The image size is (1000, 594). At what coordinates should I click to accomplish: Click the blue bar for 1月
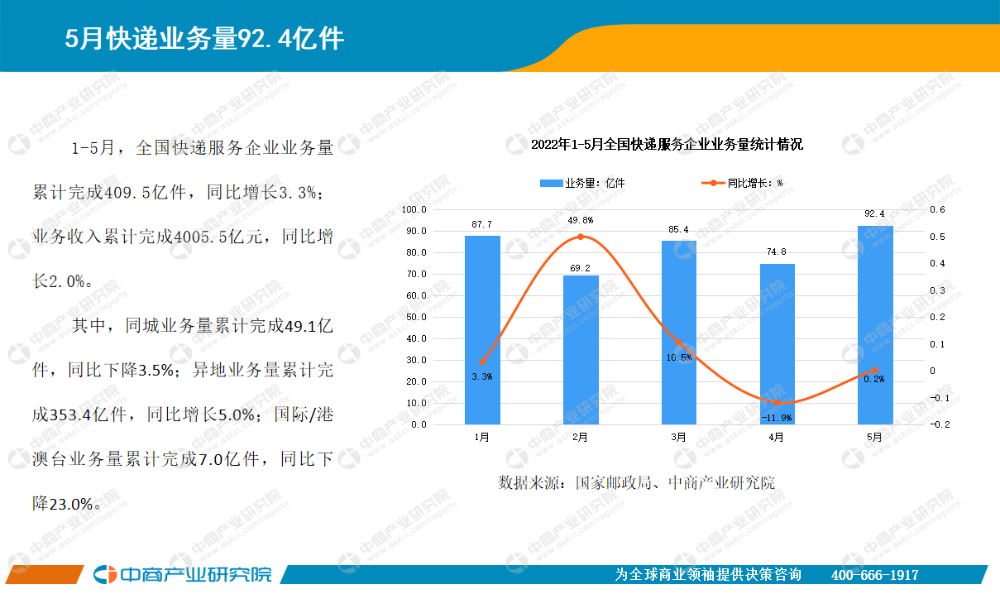pos(482,330)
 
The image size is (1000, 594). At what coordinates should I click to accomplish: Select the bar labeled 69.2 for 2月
pos(581,350)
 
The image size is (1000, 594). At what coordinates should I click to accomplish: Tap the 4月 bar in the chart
pos(778,344)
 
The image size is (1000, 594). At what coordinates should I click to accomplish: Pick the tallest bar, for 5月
pos(875,325)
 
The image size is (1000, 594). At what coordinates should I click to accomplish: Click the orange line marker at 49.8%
pos(581,237)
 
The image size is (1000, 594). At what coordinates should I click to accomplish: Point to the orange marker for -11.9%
pos(777,402)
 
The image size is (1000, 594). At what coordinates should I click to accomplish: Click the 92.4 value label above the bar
pos(874,214)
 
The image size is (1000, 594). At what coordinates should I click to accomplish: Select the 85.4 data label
pos(678,229)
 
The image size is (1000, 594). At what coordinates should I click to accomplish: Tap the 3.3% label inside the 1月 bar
pos(482,377)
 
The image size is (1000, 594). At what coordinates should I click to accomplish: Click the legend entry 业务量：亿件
pos(582,183)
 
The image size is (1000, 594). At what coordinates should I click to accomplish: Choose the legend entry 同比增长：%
pos(742,183)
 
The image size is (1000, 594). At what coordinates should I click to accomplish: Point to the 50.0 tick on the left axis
pos(417,317)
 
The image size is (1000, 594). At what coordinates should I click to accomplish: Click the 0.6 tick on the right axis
pos(937,210)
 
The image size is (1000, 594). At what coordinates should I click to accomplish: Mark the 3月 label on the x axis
pos(678,438)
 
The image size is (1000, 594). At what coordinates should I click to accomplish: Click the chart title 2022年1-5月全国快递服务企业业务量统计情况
pos(667,145)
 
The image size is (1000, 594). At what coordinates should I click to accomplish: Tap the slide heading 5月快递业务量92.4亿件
pos(204,38)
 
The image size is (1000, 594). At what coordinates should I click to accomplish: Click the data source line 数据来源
pos(637,483)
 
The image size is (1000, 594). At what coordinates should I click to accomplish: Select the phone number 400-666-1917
pos(874,575)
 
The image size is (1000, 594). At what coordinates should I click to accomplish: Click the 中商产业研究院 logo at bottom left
pos(183,574)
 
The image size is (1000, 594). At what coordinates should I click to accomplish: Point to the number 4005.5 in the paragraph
pos(200,237)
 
